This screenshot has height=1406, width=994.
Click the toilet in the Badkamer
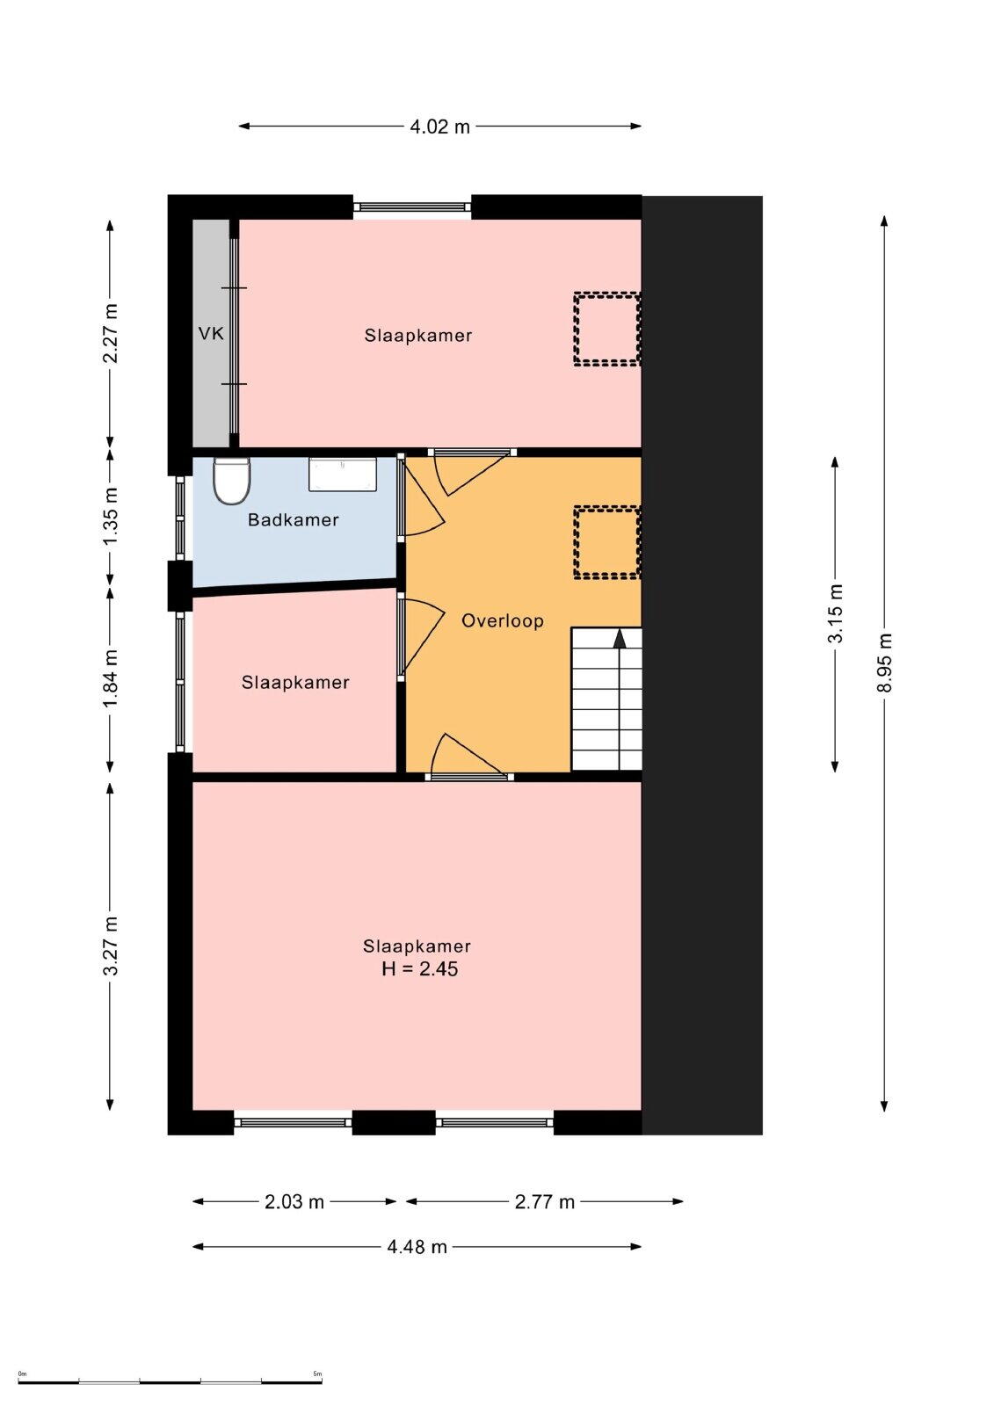click(232, 481)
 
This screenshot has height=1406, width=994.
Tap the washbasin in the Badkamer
click(342, 474)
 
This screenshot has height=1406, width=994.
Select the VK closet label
click(211, 333)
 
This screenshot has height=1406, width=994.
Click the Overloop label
click(503, 620)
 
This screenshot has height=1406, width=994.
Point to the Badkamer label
click(294, 519)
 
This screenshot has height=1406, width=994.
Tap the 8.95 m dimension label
click(884, 662)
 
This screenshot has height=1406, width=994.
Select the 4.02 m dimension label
click(439, 127)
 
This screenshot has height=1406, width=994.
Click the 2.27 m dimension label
click(111, 333)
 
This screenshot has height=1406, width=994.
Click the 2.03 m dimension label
click(294, 1201)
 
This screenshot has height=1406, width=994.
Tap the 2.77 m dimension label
click(544, 1201)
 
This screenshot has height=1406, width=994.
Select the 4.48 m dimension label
click(417, 1247)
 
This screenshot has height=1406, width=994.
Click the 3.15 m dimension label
click(835, 614)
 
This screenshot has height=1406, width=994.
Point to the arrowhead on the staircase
click(620, 638)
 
